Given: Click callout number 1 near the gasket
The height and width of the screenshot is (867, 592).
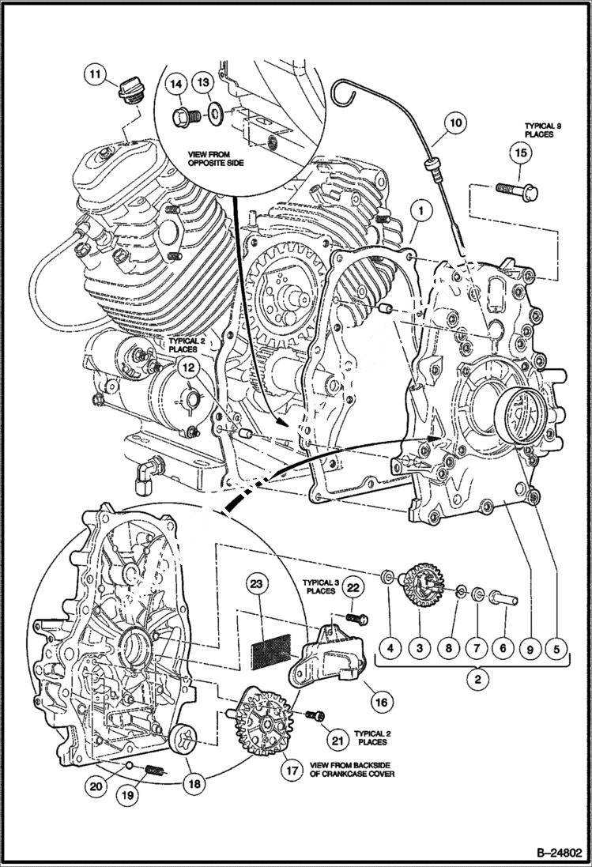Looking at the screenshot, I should [x=421, y=212].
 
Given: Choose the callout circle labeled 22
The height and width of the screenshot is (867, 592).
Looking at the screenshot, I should [x=353, y=587].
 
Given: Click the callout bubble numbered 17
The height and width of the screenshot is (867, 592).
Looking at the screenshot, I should [x=292, y=769].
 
